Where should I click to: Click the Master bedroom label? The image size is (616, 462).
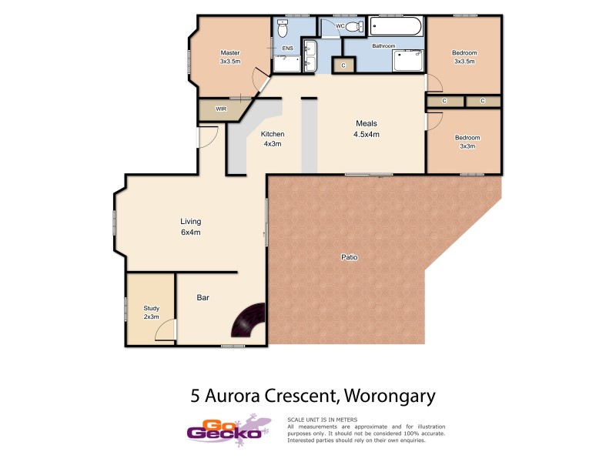click(230, 57)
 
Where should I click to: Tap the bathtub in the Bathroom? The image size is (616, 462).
click(395, 28)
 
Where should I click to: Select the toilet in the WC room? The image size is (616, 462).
click(353, 27)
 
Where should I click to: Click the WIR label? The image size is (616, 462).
click(221, 109)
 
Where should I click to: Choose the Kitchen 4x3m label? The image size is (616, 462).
click(273, 139)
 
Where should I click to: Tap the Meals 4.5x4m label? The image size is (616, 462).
click(366, 129)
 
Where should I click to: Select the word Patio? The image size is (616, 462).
click(350, 256)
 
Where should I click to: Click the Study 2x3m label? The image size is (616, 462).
click(151, 312)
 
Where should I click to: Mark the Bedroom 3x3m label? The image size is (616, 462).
click(467, 142)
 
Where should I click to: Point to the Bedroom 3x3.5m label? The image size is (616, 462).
click(464, 57)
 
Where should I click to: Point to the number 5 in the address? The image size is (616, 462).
click(196, 397)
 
